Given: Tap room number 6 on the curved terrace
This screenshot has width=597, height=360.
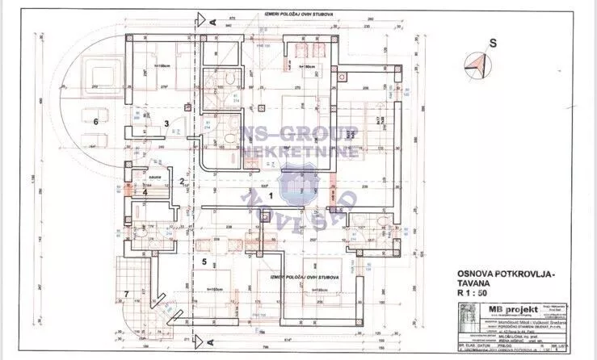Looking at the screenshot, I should coord(95,121).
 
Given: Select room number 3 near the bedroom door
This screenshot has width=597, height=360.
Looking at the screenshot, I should coord(166,123).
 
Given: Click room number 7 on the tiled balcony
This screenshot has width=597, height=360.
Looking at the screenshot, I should coord(126,292).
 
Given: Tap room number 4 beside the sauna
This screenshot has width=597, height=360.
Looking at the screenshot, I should coord(145,192).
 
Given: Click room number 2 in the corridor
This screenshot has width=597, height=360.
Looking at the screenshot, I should coord(183,182).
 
